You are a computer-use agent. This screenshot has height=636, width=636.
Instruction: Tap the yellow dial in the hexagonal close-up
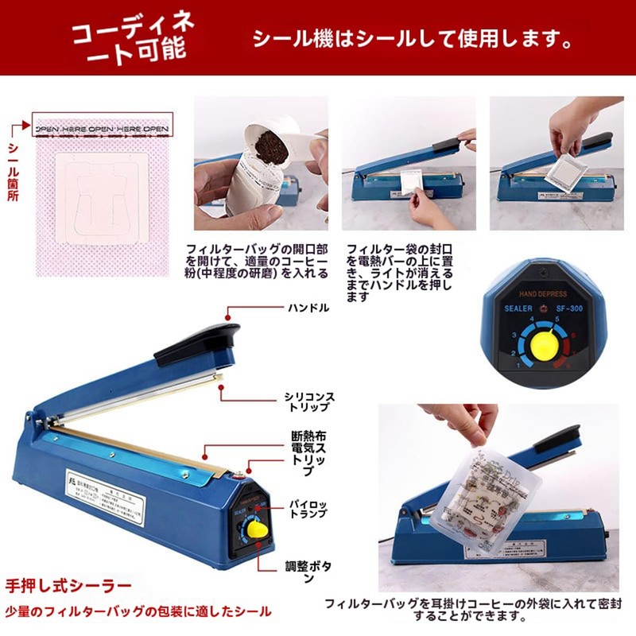[x=544, y=343]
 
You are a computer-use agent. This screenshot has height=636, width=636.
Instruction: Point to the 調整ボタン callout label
[x=308, y=572]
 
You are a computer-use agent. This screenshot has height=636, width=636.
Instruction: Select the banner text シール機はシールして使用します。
[x=412, y=38]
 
